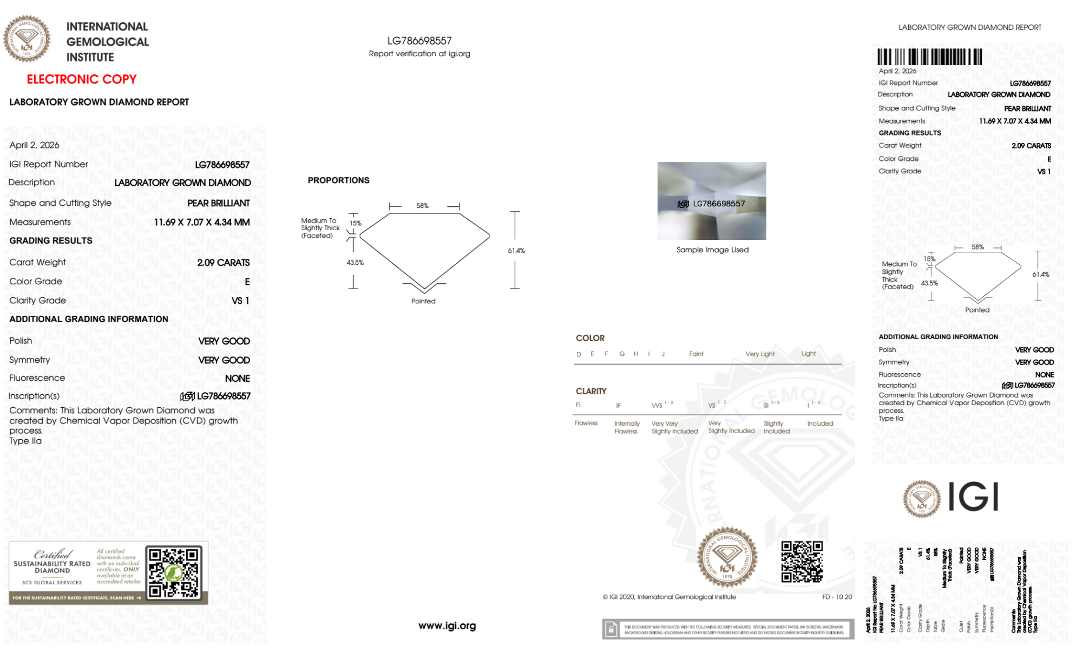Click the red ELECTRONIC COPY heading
82,79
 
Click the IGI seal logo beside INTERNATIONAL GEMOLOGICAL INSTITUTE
27,38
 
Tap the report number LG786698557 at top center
419,41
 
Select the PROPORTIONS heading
338,180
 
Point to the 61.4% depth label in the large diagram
516,251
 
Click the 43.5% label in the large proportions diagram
355,263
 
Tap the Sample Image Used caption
712,250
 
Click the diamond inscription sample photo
712,200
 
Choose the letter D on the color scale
579,354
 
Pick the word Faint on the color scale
696,354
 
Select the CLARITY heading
591,391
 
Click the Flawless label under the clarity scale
586,423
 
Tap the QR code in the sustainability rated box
174,572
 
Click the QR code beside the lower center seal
802,562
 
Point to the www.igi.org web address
447,626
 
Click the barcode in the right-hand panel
929,57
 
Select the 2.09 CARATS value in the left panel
223,263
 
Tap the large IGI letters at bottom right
974,497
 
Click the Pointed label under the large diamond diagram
423,301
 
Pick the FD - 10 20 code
837,597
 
